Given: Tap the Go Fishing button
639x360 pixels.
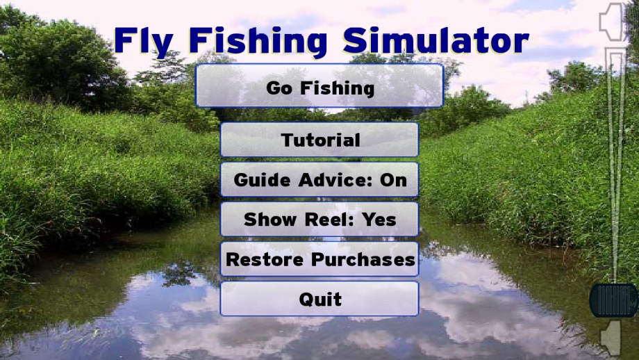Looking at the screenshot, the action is point(319,85).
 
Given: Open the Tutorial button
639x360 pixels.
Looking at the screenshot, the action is point(319,140).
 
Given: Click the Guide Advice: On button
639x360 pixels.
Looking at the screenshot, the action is point(319,179).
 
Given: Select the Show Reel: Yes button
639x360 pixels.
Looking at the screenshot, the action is point(319,219).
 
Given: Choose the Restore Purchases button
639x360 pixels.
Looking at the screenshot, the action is point(319,259).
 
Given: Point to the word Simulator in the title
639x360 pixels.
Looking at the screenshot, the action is point(435,41).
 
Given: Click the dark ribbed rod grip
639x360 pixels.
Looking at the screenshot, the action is point(613,300).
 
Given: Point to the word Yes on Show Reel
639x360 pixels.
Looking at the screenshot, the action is point(379,220).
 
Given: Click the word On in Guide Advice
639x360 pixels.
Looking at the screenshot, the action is point(393,180).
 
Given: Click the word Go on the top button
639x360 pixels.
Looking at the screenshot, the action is point(279,88).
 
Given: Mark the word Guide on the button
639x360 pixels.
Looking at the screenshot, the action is point(263,180).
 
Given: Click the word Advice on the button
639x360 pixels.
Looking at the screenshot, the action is point(335,180).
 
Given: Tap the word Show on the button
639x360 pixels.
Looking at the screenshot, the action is point(269,220).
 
